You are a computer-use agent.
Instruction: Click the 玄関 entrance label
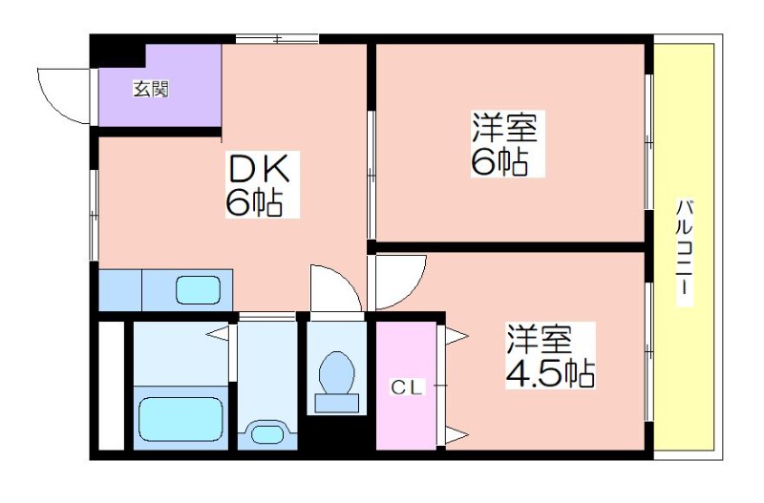pos(151,89)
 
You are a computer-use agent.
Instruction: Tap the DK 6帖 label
pos(262,184)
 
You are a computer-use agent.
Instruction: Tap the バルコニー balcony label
pos(684,252)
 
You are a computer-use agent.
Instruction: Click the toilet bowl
pos(337,371)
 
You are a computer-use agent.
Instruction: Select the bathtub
pos(181,419)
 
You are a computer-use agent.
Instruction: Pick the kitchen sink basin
pos(199,290)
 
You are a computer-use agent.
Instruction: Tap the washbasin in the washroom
pos(267,433)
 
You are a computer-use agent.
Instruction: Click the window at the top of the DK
pos(277,39)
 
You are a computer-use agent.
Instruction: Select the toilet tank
pos(337,403)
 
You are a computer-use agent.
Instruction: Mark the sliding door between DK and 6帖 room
pos(371,176)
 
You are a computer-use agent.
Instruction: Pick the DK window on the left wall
pos(94,215)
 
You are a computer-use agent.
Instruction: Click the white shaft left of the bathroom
pos(112,386)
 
